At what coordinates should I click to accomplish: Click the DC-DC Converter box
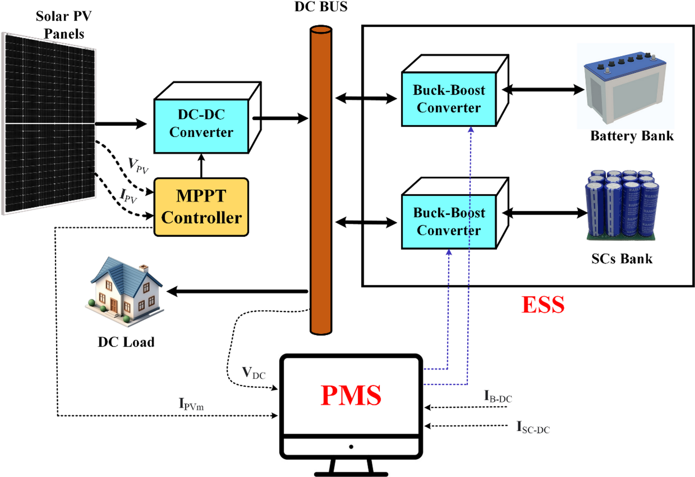(x=201, y=123)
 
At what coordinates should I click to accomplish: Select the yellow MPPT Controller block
(x=201, y=207)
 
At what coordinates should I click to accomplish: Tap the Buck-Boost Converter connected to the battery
(x=449, y=99)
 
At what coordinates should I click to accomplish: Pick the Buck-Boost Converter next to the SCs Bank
(x=449, y=222)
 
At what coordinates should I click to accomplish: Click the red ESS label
(x=542, y=305)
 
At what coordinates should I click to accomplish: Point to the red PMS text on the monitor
(x=351, y=395)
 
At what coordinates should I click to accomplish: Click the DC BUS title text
(x=321, y=7)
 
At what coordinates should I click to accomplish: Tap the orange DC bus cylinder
(x=321, y=181)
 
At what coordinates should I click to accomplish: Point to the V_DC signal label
(x=253, y=373)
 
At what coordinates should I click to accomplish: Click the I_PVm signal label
(x=191, y=404)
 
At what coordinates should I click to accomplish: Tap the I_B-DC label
(x=498, y=396)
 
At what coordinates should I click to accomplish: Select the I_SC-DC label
(x=533, y=427)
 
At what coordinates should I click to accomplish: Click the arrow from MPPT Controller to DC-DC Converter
(x=201, y=165)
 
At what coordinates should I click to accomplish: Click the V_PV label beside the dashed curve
(x=138, y=166)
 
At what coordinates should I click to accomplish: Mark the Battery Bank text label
(x=632, y=136)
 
